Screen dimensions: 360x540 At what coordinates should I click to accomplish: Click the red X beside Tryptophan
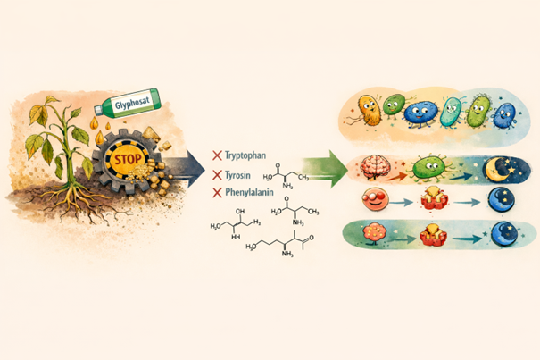(217, 155)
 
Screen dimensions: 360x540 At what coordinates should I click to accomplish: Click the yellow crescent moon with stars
(495, 167)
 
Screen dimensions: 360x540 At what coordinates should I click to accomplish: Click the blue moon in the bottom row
(493, 236)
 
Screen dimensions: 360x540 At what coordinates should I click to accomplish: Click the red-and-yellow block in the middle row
(432, 199)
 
